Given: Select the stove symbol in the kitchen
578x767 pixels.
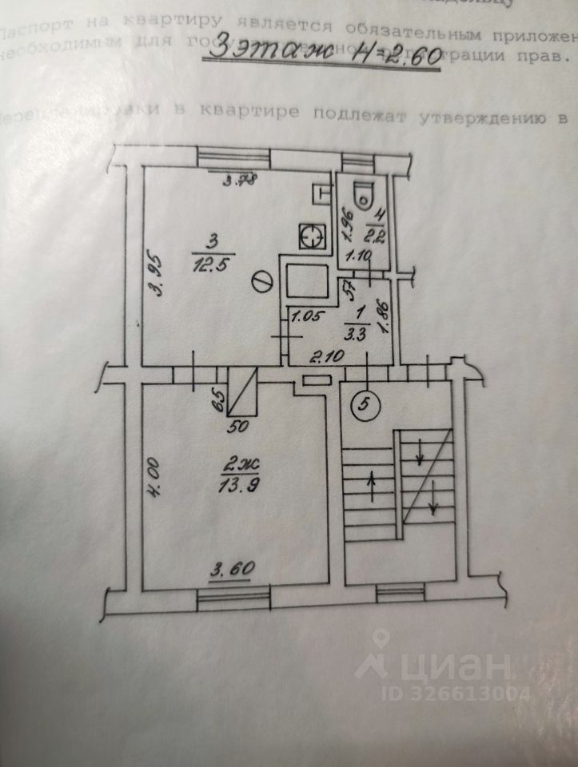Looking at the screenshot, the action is coord(311,236).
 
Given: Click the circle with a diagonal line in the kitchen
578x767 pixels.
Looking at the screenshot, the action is coord(261,282).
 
